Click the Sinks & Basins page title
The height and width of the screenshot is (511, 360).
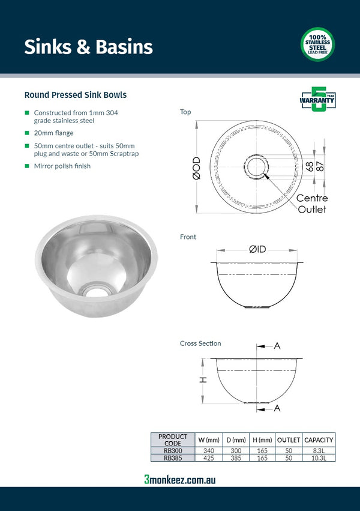[88, 47]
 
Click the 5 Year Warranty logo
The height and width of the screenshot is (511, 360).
[317, 99]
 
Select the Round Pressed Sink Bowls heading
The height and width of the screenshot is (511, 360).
[75, 95]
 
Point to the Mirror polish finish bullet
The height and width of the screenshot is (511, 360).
[62, 166]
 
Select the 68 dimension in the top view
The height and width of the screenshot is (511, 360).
[310, 166]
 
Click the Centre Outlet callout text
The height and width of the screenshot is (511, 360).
[312, 204]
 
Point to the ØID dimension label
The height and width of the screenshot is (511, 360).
[257, 248]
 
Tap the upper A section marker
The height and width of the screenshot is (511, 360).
[277, 346]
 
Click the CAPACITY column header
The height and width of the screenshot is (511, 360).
[319, 440]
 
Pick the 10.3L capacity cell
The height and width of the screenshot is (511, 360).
[319, 458]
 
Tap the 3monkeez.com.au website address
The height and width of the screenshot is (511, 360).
[180, 479]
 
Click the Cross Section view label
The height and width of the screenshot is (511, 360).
[200, 343]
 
